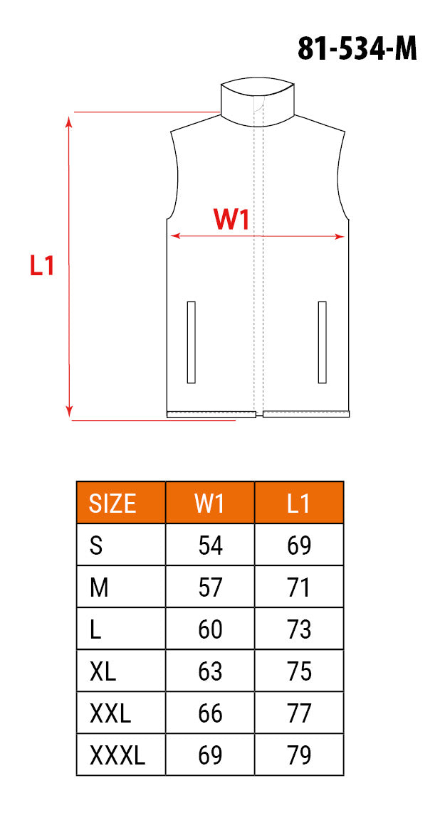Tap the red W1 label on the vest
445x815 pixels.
pos(231,220)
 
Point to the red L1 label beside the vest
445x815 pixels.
pos(42,265)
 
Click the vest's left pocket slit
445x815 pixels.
pos(191,342)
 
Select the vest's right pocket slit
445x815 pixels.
pos(322,342)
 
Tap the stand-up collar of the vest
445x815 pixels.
pos(258,102)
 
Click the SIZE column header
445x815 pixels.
pos(113,503)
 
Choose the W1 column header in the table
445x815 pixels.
pos(210,503)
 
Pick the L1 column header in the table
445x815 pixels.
pos(299,503)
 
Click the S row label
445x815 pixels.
pos(96,545)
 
